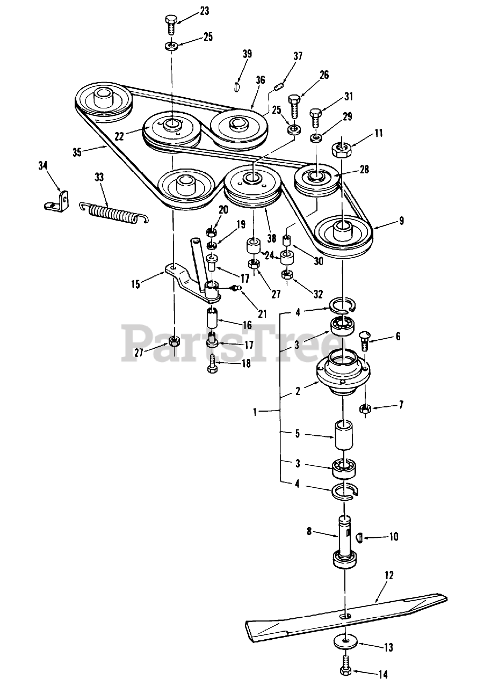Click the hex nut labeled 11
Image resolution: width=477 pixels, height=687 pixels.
(x=341, y=150)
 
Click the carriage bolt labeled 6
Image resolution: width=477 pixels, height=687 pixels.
(x=364, y=341)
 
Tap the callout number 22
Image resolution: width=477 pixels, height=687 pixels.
(x=119, y=136)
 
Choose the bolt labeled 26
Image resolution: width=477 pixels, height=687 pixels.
(x=294, y=107)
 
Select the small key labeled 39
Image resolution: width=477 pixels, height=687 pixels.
(x=236, y=86)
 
